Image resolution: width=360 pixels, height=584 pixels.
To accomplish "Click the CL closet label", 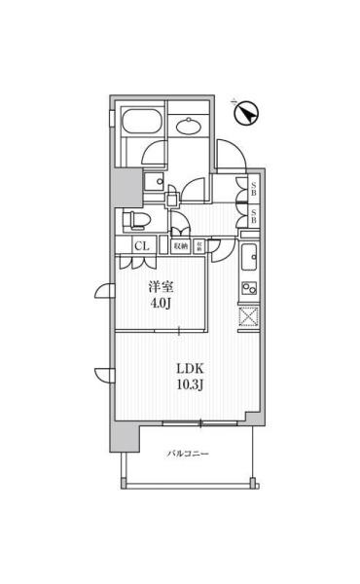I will point(141,246).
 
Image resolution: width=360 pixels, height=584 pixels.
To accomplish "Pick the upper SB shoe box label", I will point(253,190).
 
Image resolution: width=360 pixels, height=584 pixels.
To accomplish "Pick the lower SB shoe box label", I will point(253,218).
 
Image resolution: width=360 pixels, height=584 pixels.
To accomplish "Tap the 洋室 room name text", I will point(161,288).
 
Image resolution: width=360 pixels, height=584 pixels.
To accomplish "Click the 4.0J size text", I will point(161,305).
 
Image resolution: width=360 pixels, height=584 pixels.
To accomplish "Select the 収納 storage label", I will point(181,246).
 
